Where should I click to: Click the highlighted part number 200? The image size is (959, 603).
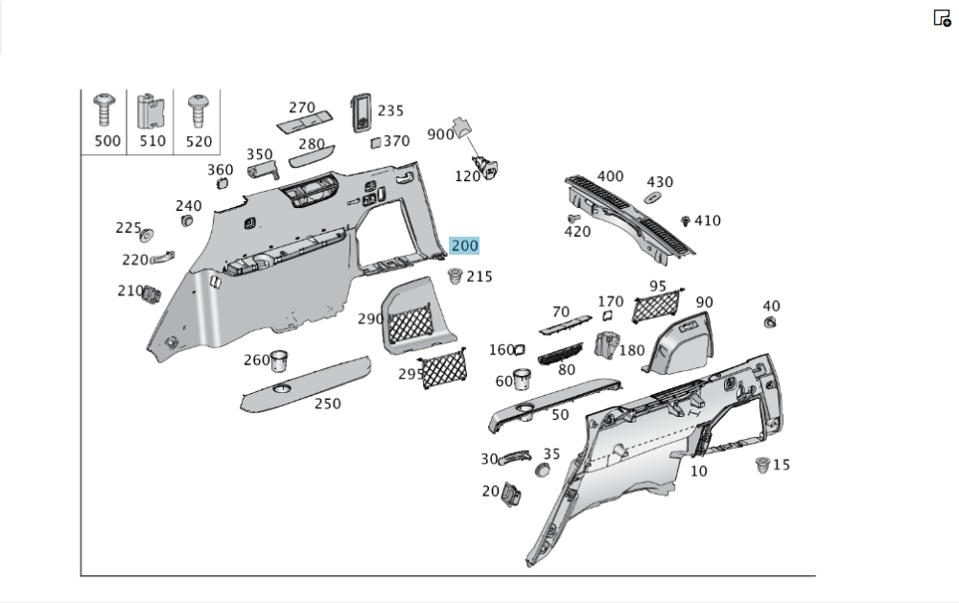pyautogui.click(x=464, y=246)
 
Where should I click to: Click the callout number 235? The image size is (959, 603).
pyautogui.click(x=390, y=110)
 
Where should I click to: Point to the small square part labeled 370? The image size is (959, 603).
pyautogui.click(x=377, y=142)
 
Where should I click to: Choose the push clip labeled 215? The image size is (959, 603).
pyautogui.click(x=455, y=277)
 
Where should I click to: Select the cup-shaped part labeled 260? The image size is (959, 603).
pyautogui.click(x=280, y=360)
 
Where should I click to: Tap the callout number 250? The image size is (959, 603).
pyautogui.click(x=328, y=404)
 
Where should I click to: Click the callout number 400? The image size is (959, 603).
pyautogui.click(x=610, y=176)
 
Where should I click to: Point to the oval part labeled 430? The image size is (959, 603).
pyautogui.click(x=652, y=197)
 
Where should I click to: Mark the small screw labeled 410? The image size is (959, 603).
pyautogui.click(x=686, y=221)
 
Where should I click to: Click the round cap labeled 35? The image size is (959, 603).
pyautogui.click(x=542, y=470)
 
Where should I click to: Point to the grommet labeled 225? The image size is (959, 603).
pyautogui.click(x=147, y=234)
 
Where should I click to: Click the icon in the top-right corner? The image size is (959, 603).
pyautogui.click(x=942, y=17)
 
